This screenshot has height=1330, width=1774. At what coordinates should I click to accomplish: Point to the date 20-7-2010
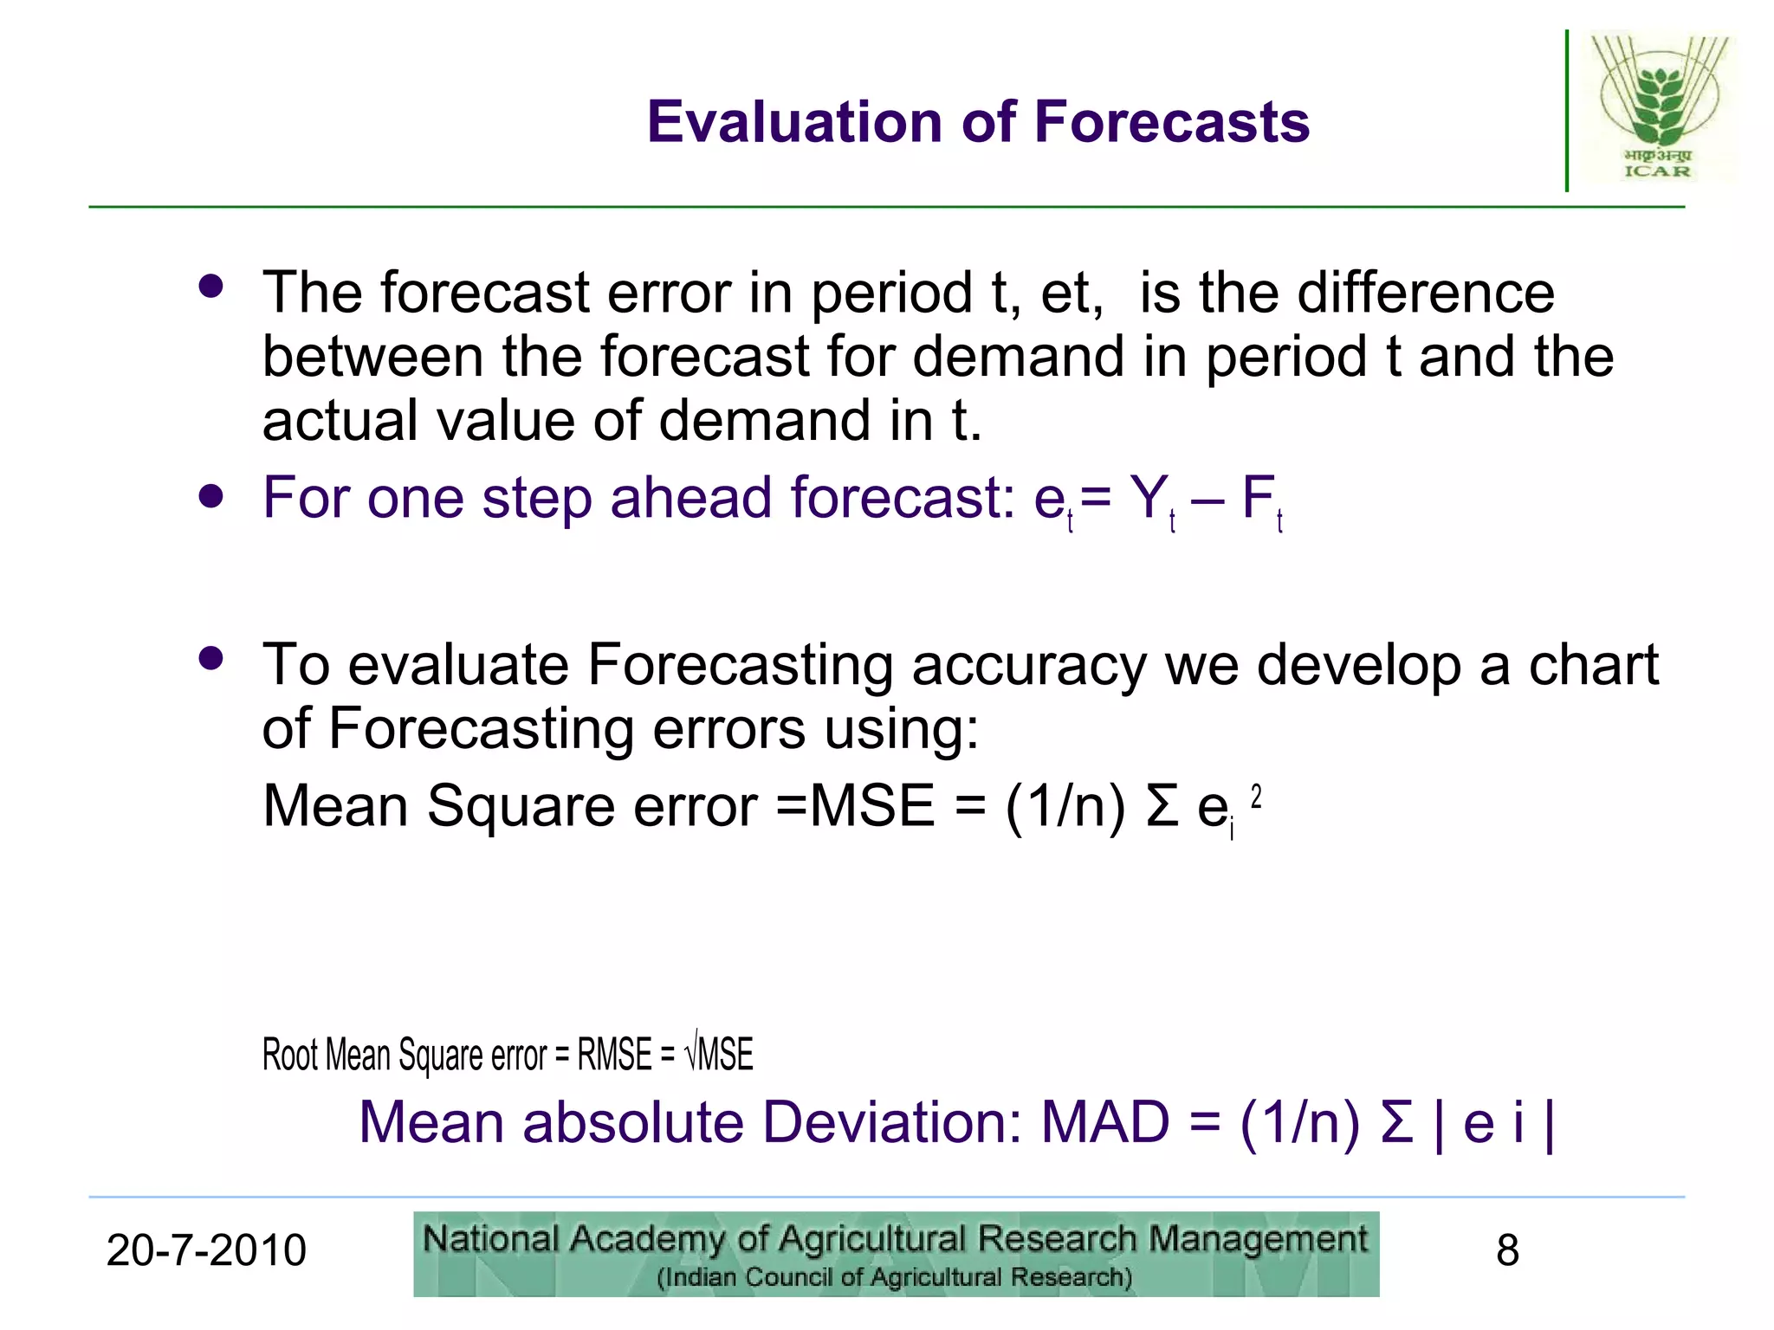[x=206, y=1250]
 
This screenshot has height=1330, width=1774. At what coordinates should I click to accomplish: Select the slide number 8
[x=1507, y=1250]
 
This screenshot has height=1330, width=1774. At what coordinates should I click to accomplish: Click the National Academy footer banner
[x=896, y=1254]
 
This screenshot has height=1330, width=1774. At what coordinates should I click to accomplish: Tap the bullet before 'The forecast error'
[x=210, y=286]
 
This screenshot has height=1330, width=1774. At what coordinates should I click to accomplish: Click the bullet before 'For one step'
[x=210, y=497]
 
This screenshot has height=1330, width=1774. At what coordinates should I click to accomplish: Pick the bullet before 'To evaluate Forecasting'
[x=210, y=658]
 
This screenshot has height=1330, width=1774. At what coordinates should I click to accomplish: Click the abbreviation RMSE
[x=614, y=1056]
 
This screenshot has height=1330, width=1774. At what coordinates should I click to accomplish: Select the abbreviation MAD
[x=1105, y=1123]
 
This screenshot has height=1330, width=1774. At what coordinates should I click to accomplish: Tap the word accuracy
[x=1029, y=665]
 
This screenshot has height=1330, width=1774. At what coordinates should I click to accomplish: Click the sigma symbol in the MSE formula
[x=1162, y=806]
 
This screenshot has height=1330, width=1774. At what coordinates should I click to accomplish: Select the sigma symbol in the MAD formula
[x=1396, y=1123]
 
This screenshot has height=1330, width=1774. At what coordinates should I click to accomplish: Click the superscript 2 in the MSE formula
[x=1256, y=796]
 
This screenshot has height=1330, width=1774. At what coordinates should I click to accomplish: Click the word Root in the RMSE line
[x=291, y=1056]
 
